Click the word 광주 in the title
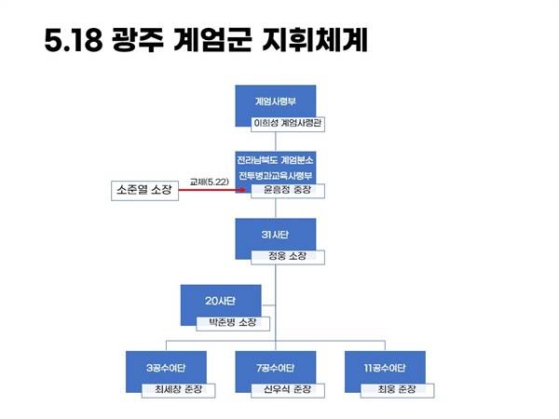point(138,39)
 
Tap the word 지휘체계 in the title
point(315,39)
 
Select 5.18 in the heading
point(73,39)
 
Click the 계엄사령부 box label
point(275,101)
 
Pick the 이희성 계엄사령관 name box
point(288,124)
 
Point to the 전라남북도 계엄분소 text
point(275,159)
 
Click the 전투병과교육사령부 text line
point(275,176)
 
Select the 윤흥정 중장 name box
point(288,190)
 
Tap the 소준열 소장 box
point(144,191)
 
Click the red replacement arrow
point(212,190)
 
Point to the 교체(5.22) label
point(210,182)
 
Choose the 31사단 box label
point(275,235)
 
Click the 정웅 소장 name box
point(288,257)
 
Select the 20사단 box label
point(220,301)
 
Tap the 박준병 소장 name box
point(233,323)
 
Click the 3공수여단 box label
point(166,368)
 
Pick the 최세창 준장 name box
point(178,390)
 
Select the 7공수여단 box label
point(275,368)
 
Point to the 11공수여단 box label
point(385,368)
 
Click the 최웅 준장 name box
point(397,390)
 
